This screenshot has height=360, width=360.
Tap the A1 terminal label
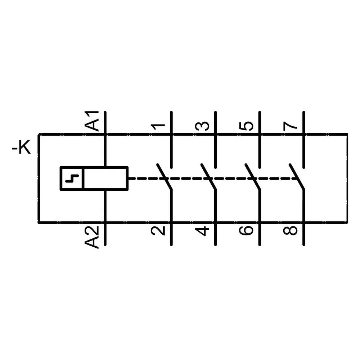(92, 121)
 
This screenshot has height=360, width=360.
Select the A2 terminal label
(92, 237)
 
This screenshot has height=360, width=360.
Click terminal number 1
(158, 126)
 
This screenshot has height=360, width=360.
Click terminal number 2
(158, 231)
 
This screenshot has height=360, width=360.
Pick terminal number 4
(202, 231)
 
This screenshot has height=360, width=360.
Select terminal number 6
(246, 231)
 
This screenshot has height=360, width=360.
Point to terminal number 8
(291, 231)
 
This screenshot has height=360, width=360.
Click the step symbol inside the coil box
(72, 179)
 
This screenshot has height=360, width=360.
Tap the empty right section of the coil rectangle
(105, 179)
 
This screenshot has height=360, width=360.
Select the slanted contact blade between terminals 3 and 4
(208, 176)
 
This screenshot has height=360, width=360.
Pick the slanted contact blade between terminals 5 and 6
(253, 176)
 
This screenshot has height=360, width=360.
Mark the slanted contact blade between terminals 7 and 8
(297, 176)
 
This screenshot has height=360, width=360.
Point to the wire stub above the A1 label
(105, 122)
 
